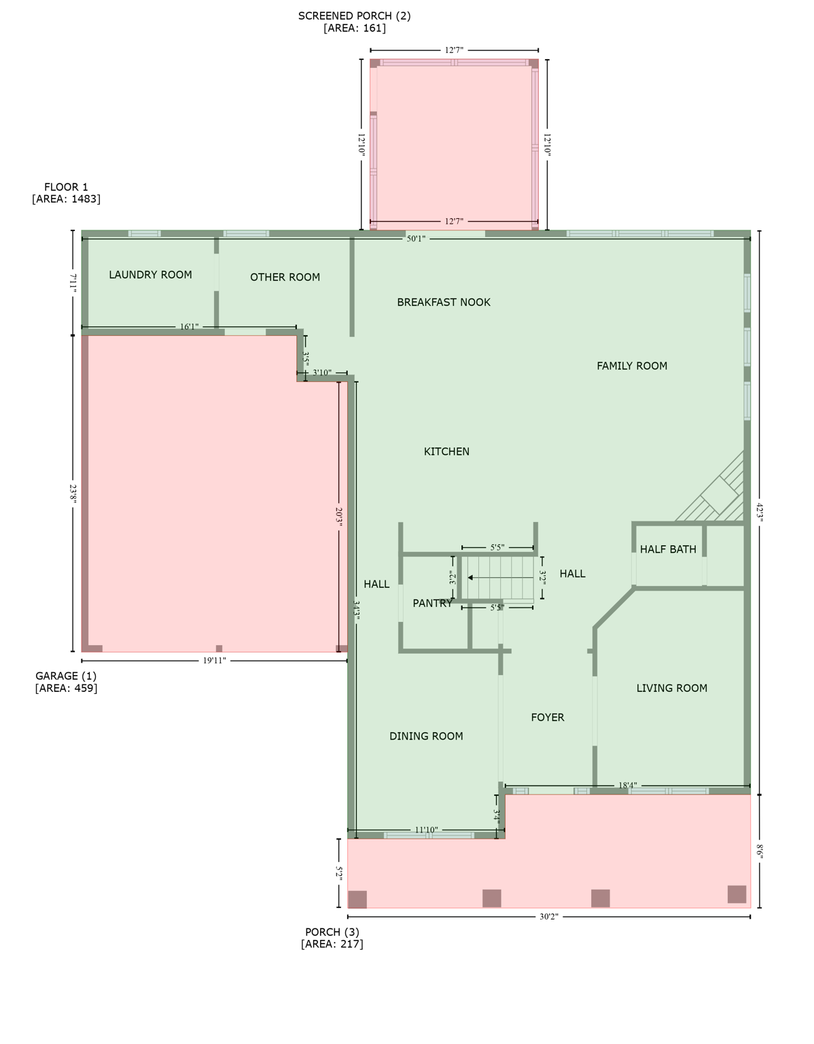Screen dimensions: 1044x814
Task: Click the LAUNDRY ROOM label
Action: [x=150, y=275]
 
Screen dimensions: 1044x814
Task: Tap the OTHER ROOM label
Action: [x=285, y=277]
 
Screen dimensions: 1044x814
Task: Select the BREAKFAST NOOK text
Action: [x=444, y=302]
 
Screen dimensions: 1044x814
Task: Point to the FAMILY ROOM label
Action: [x=632, y=366]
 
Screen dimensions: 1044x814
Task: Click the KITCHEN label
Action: [x=446, y=451]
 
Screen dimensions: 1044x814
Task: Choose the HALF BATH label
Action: [x=668, y=549]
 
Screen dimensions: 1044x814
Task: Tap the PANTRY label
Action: [x=432, y=603]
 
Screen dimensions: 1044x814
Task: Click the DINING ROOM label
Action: [x=426, y=736]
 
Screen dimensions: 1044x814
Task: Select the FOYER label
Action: [x=548, y=717]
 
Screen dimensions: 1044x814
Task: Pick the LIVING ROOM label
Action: [x=671, y=688]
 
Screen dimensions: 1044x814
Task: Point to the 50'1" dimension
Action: [x=416, y=239]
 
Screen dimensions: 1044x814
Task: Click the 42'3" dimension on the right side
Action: [x=760, y=512]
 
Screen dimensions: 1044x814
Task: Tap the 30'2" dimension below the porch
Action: [x=549, y=917]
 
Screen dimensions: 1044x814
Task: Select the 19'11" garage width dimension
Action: [x=214, y=660]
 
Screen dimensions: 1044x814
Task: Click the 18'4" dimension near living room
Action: [x=627, y=786]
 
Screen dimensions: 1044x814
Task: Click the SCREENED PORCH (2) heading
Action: [x=354, y=16]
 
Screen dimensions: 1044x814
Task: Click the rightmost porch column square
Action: [x=737, y=894]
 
